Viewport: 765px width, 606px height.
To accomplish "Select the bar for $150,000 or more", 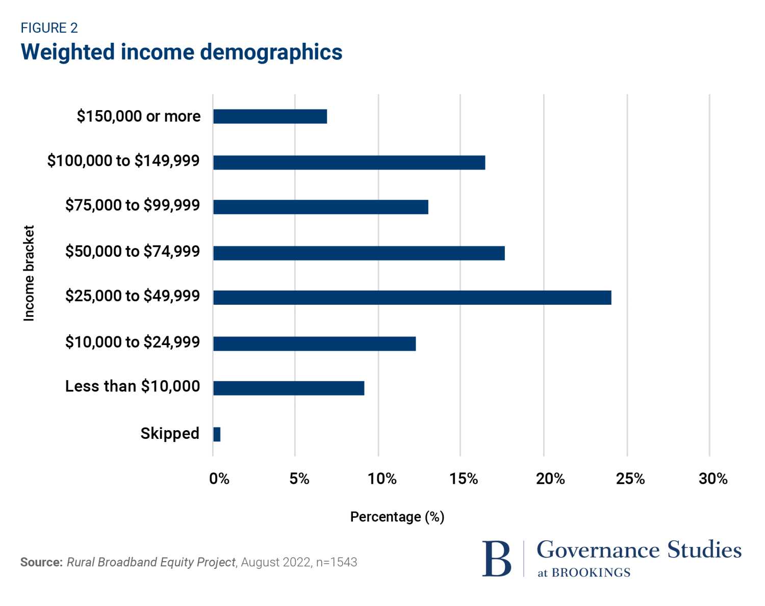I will [270, 117].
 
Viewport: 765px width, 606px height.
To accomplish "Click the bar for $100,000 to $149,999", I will [349, 163].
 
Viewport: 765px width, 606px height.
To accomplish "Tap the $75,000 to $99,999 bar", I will [320, 207].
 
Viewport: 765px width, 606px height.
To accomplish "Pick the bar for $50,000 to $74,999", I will [359, 253].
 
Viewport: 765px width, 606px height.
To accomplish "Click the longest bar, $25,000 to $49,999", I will [412, 298].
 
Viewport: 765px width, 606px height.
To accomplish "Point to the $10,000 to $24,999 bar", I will [314, 344].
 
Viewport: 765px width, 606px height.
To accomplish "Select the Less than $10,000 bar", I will [289, 388].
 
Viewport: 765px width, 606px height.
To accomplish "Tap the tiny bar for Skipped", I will [217, 434].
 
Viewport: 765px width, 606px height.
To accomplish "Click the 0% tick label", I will [219, 479].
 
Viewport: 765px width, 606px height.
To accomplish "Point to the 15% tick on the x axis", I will [464, 479].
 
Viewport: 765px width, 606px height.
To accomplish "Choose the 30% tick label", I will [713, 479].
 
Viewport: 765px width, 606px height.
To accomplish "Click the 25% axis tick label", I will [630, 479].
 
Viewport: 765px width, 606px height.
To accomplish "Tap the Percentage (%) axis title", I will [397, 517].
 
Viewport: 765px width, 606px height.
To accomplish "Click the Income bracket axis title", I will [29, 273].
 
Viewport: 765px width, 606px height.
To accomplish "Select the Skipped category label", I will [170, 433].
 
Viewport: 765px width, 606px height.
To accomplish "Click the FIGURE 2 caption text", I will [49, 28].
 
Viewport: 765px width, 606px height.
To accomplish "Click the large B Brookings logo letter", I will [496, 559].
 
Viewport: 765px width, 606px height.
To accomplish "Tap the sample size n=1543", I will [337, 562].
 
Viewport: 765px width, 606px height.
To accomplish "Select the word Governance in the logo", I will [598, 550].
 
